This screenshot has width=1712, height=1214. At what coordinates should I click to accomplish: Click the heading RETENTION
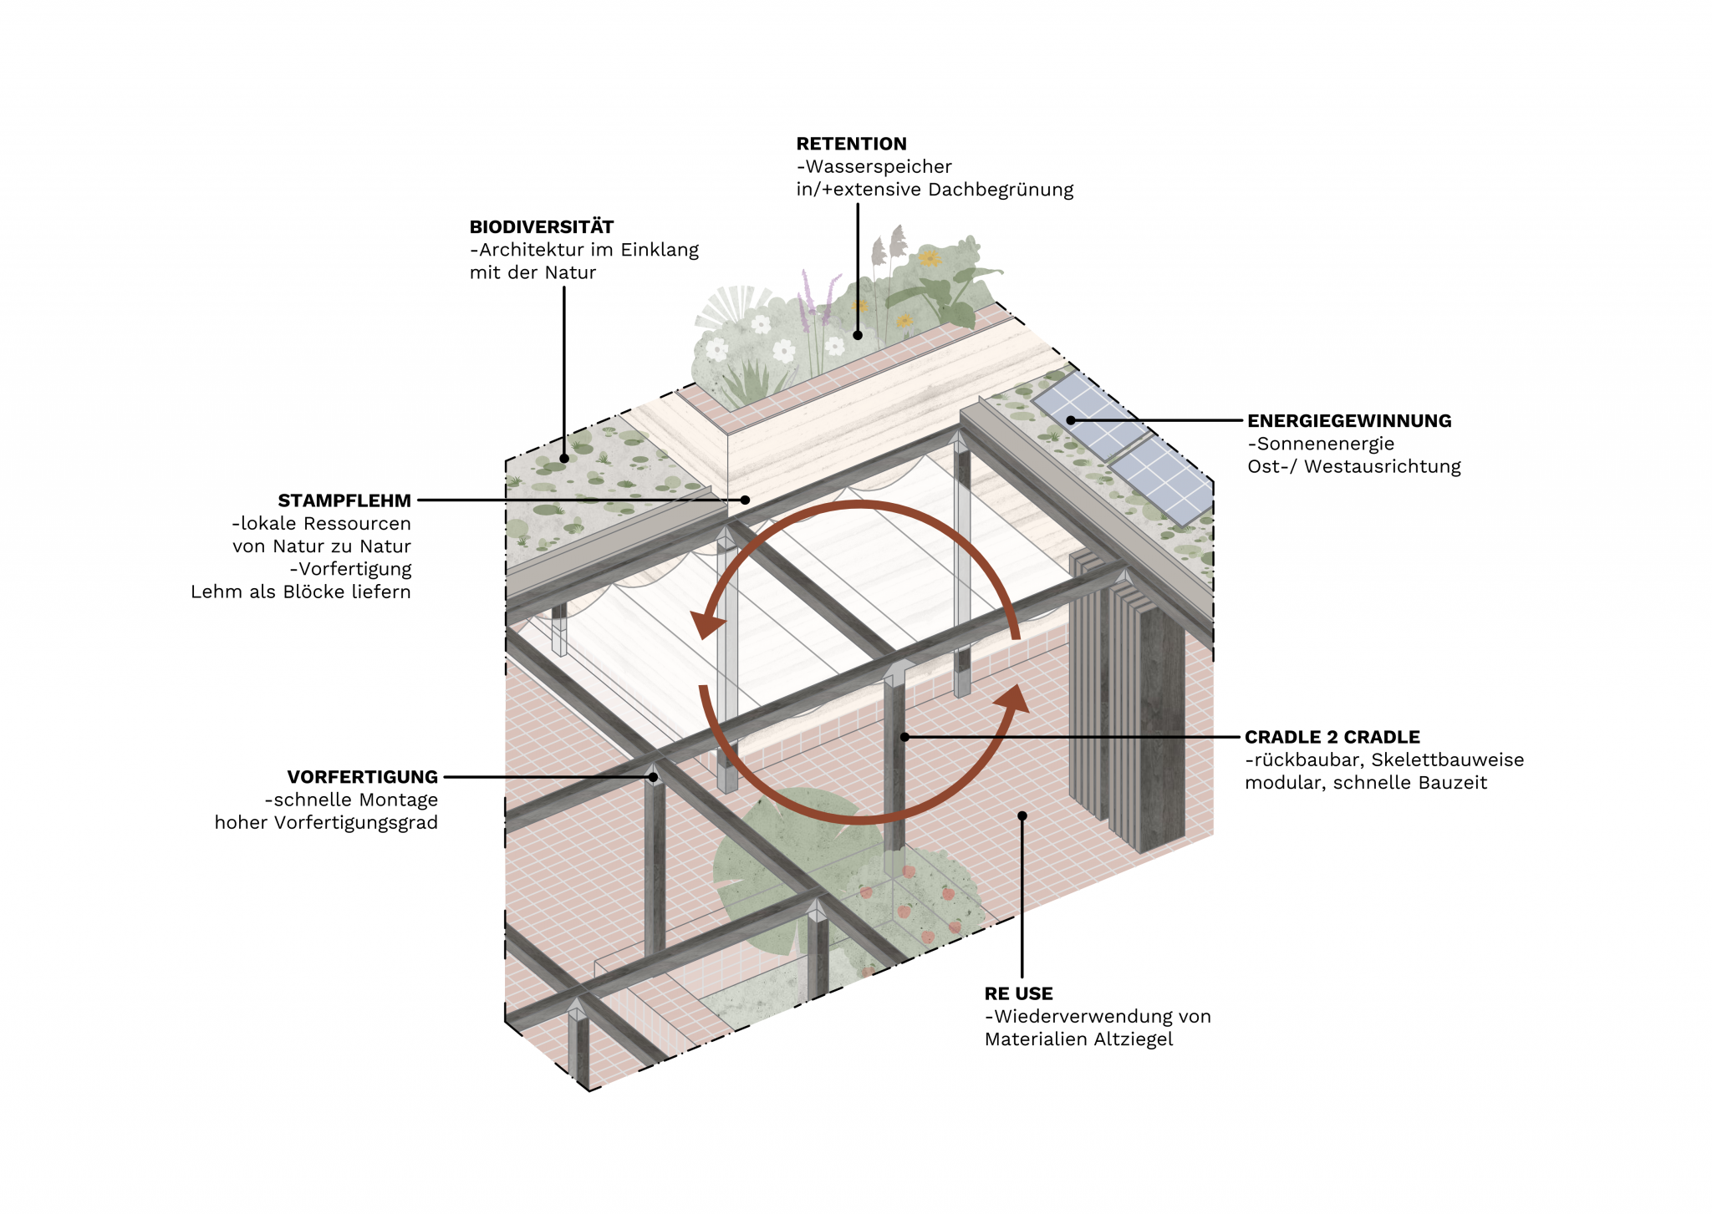[x=851, y=144]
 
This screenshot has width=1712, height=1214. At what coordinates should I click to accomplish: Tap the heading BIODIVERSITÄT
[x=542, y=226]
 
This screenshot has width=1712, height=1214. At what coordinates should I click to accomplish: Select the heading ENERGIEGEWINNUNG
[x=1349, y=421]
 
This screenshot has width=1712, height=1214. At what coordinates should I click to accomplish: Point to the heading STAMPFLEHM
[x=344, y=500]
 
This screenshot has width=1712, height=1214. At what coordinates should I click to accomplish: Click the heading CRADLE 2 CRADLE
[x=1332, y=737]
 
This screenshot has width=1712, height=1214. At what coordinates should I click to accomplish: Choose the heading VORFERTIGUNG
[x=362, y=777]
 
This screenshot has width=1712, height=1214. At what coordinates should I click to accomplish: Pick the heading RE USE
[x=1018, y=993]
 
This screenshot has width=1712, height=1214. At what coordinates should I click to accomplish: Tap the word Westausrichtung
[x=1382, y=466]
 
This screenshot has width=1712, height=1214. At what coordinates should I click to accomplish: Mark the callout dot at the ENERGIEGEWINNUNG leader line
[x=1071, y=420]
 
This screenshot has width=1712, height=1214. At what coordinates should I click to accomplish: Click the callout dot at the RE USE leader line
[x=1022, y=815]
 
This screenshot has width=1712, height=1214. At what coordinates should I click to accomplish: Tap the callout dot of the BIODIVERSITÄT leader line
[x=564, y=458]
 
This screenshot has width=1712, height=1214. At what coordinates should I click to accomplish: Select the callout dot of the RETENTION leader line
[x=858, y=335]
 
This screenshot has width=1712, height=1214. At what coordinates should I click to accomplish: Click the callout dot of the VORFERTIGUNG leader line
[x=653, y=777]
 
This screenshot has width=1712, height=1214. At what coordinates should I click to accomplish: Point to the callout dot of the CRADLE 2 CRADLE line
[x=904, y=737]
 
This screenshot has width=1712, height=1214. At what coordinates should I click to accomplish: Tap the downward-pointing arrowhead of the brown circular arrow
[x=706, y=625]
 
